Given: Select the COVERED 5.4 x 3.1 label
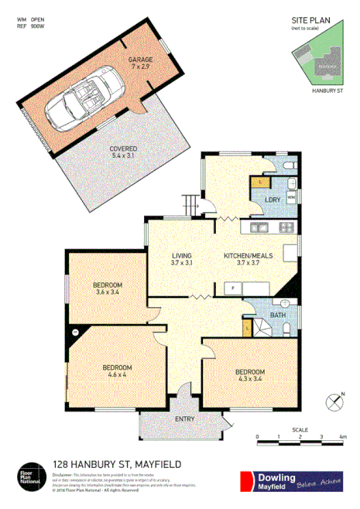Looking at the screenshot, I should [x=123, y=152].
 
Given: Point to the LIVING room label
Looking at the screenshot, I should [x=182, y=260].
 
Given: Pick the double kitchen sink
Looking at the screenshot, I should [x=258, y=228].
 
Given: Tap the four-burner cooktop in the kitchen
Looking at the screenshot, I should [x=286, y=228].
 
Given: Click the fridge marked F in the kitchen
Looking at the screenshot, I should [x=231, y=289].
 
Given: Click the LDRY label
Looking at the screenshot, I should [x=272, y=200].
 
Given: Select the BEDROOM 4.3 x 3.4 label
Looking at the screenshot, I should [x=251, y=376].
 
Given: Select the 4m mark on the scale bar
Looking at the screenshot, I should [x=342, y=438].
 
